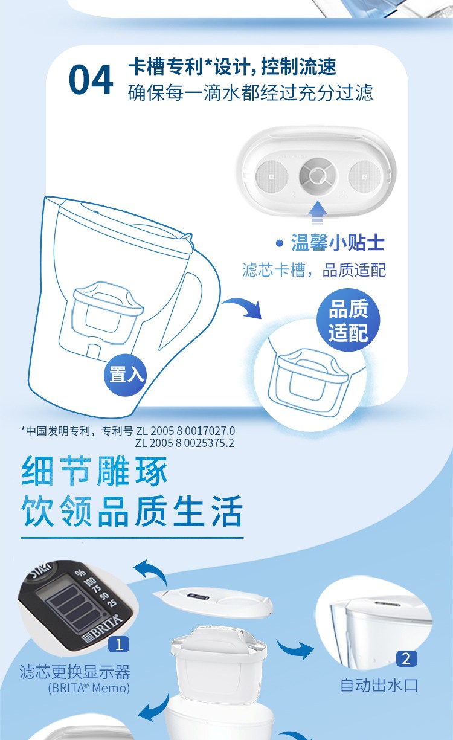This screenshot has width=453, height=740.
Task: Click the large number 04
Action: click(91, 80)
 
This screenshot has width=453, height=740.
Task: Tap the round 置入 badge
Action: click(126, 375)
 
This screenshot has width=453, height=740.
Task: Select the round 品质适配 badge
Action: click(349, 320)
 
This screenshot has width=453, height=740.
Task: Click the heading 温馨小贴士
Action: click(338, 242)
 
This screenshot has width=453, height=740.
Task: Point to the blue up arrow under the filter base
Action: click(317, 213)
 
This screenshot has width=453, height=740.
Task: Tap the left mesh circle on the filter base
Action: click(272, 175)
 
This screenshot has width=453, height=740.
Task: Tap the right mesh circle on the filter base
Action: click(365, 176)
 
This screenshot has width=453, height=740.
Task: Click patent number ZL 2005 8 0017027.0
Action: click(185, 431)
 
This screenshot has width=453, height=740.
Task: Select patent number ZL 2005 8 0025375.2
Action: click(184, 443)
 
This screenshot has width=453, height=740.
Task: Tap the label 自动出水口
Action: click(379, 686)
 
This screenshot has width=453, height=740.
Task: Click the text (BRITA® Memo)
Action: click(89, 688)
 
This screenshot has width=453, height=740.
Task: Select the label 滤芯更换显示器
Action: click(75, 672)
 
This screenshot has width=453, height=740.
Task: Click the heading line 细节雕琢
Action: click(94, 471)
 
